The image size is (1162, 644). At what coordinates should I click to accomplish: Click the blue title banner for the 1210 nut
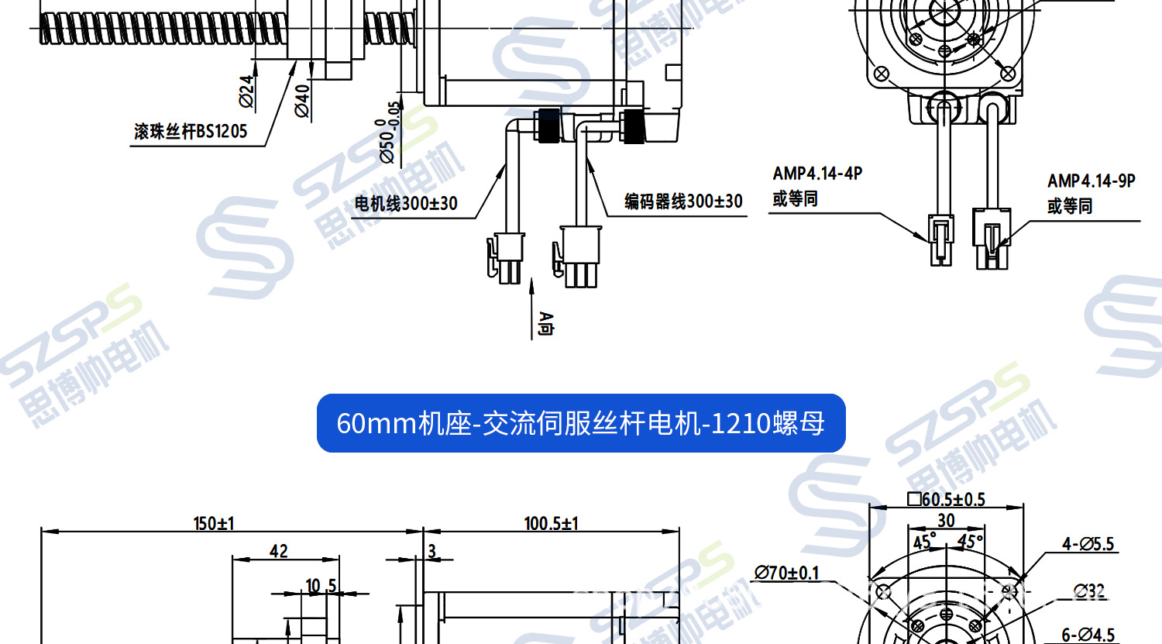point(581,423)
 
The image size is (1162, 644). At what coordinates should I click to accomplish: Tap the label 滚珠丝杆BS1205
point(191,132)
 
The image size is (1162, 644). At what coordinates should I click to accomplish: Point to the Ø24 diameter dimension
point(246,91)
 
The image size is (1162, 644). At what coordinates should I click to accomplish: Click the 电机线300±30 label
point(406,204)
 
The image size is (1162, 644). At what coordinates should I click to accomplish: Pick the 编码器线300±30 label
point(683,202)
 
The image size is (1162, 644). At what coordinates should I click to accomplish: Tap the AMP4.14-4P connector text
point(817,174)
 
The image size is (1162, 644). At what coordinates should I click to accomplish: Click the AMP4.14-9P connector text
point(1091,181)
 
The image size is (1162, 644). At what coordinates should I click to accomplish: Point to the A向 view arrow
point(545,323)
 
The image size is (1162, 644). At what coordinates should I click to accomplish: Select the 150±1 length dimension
point(214,524)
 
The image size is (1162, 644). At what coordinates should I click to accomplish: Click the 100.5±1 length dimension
point(551,524)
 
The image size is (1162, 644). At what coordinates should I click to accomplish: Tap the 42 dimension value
point(279,551)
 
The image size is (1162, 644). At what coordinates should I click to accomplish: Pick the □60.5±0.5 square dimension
point(946,500)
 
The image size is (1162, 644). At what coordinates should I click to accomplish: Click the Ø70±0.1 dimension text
point(787,573)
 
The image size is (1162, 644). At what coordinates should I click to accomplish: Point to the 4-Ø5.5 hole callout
point(1088,545)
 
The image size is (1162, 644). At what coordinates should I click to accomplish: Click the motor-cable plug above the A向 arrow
point(507,257)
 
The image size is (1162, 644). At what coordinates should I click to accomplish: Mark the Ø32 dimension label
point(1089,592)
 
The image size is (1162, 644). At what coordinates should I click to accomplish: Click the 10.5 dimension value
point(320,586)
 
